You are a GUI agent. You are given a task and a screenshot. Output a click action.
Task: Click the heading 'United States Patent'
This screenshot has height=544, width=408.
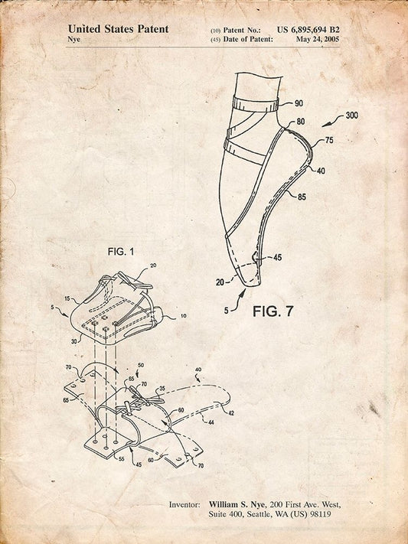[x=118, y=29]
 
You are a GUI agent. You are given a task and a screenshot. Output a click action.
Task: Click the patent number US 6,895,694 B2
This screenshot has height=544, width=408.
[x=308, y=30]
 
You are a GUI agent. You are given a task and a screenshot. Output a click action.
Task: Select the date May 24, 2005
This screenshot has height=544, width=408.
[x=318, y=39]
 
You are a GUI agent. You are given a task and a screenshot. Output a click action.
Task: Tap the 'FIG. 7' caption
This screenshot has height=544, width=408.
[x=273, y=311]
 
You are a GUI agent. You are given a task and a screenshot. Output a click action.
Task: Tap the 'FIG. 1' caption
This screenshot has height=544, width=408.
[x=121, y=252]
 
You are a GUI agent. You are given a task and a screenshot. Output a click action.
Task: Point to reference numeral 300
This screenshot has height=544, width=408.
[x=352, y=116]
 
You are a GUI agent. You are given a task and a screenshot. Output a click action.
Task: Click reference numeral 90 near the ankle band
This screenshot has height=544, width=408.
[x=299, y=103]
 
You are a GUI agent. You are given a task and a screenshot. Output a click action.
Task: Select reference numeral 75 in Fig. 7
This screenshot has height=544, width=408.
[x=329, y=140]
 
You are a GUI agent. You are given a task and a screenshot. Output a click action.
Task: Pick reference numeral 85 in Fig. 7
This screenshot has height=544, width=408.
[x=302, y=197]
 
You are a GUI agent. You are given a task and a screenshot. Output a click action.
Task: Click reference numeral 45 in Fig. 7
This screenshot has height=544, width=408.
[x=277, y=257]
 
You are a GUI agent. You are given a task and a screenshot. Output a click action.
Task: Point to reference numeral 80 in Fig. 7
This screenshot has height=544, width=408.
[x=301, y=122]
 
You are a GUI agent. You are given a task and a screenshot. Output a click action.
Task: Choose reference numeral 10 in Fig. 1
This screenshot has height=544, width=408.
[x=184, y=316]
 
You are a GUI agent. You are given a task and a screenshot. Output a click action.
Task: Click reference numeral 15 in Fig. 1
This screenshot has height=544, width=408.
[x=67, y=298]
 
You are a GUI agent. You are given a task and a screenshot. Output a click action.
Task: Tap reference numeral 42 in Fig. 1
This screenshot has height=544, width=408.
[x=231, y=413]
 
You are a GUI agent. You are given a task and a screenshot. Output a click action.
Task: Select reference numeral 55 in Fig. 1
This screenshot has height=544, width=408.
[x=122, y=459]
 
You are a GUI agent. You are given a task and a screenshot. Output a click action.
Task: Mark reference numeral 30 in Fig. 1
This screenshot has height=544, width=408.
[x=74, y=341]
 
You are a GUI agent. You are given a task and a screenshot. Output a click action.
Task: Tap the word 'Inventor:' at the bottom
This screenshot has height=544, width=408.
[x=184, y=504]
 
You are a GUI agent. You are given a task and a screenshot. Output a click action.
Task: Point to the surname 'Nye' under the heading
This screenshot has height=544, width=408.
[x=74, y=39]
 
